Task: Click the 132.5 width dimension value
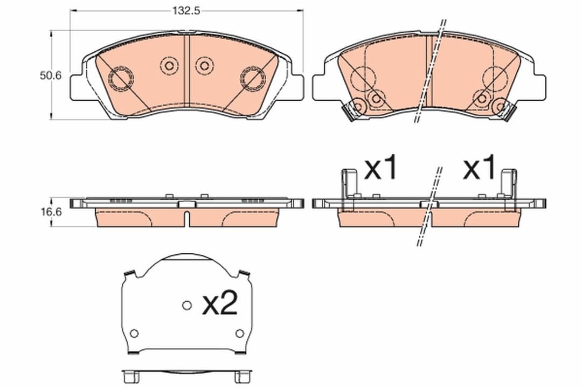point(183,10)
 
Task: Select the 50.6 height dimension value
point(51,75)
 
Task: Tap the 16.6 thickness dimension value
point(51,212)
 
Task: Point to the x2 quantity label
point(219,305)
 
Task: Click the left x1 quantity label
point(381,169)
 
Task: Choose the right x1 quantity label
point(479,169)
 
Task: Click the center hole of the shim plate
point(186,306)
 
